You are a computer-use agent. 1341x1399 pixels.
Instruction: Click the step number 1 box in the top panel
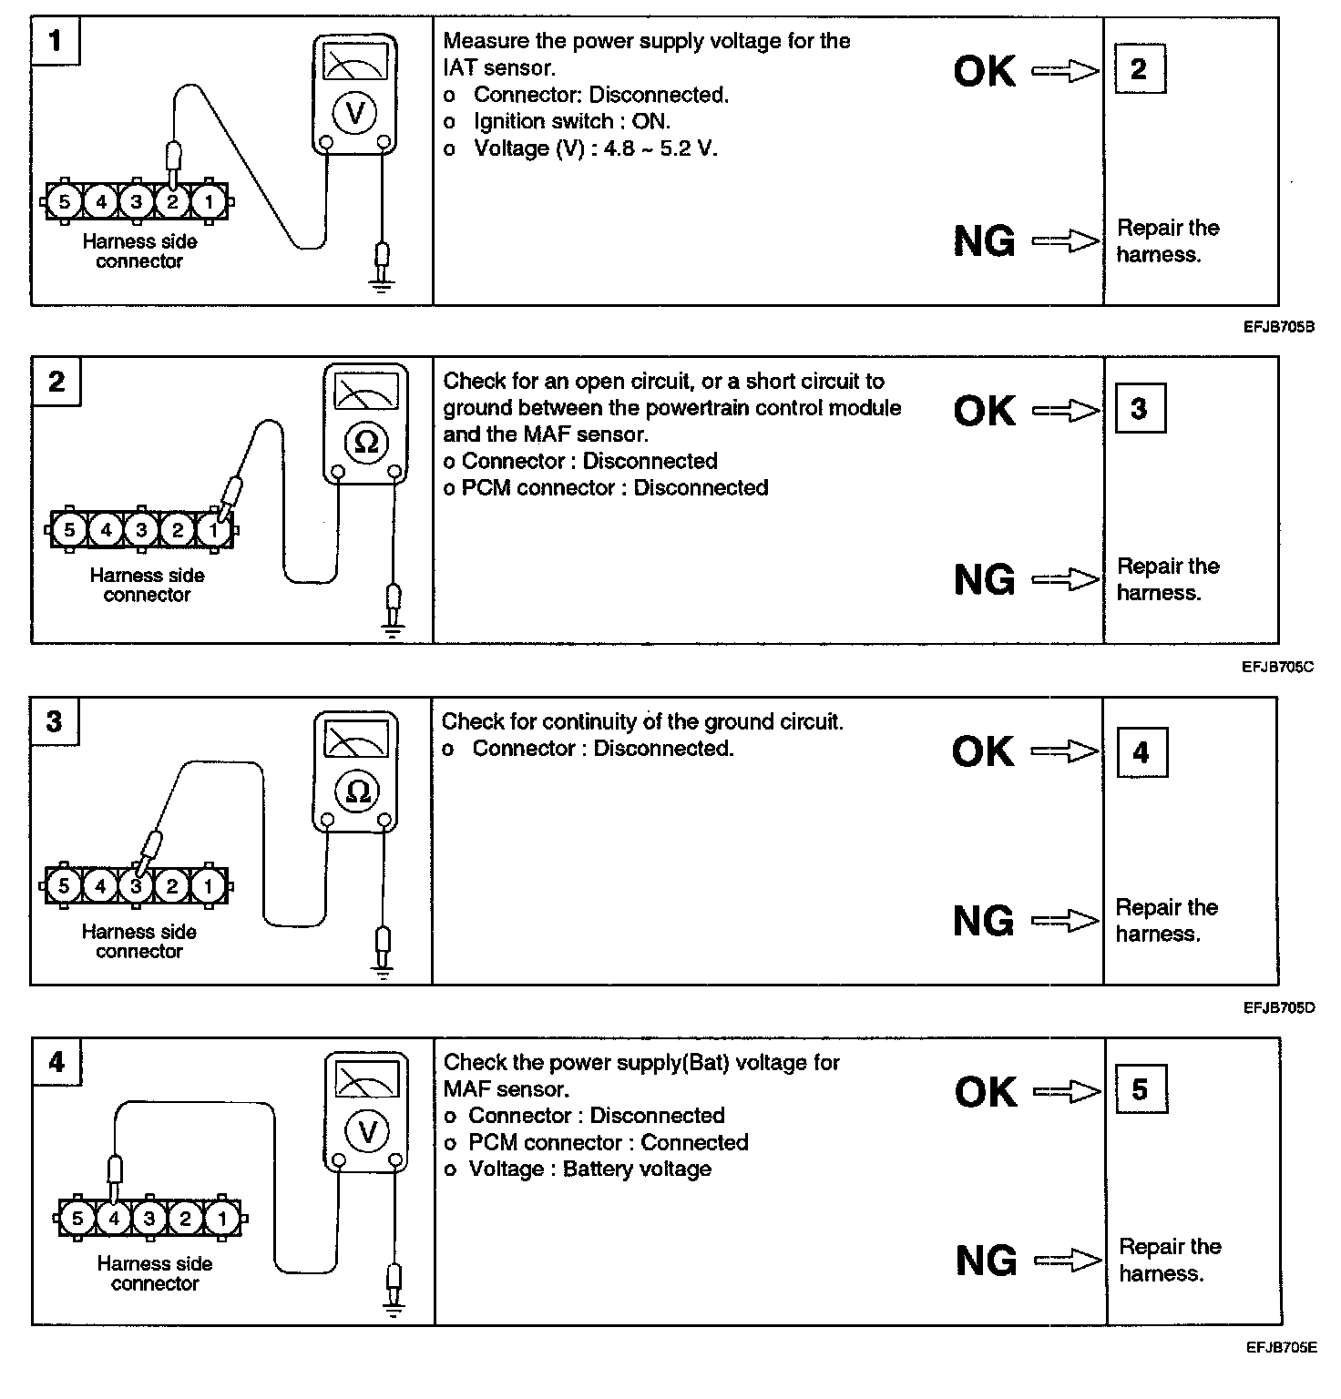(55, 41)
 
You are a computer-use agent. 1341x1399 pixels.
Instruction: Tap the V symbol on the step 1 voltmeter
(355, 112)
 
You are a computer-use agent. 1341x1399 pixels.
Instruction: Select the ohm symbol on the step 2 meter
(366, 442)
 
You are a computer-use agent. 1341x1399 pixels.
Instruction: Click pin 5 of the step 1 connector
(64, 201)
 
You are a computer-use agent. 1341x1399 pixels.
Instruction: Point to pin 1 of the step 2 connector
(213, 529)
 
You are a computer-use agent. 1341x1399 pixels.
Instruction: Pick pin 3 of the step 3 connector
(136, 885)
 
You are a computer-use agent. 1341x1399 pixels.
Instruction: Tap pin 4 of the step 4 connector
(114, 1218)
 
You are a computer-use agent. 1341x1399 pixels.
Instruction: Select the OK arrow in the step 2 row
(1065, 412)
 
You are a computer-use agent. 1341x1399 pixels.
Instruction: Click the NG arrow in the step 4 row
(1068, 1261)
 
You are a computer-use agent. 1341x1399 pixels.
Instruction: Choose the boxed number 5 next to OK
(1140, 1090)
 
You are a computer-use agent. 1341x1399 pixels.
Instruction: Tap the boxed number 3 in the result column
(1139, 409)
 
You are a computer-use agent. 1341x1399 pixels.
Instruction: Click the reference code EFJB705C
(1278, 667)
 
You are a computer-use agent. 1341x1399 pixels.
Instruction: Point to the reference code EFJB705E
(1281, 1348)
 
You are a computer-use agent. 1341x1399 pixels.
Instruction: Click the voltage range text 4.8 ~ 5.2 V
(660, 148)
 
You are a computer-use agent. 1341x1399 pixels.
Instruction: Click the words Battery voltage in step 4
(637, 1169)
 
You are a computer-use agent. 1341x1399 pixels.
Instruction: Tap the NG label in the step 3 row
(983, 921)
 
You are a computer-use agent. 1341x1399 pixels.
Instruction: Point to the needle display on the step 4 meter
(368, 1079)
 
